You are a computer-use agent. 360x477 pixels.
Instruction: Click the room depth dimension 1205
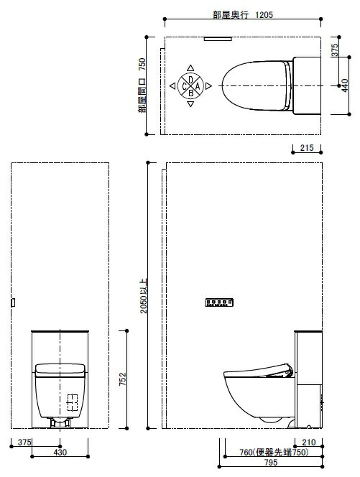click(x=264, y=14)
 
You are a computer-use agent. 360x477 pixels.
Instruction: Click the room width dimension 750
click(x=142, y=65)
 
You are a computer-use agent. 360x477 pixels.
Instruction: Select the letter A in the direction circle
click(x=197, y=86)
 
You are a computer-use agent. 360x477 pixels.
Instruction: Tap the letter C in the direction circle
click(x=184, y=87)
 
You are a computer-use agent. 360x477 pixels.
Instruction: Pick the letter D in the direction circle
click(x=190, y=80)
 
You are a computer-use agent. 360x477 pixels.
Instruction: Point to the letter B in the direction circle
click(x=191, y=93)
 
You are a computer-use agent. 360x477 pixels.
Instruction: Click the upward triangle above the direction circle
click(x=190, y=68)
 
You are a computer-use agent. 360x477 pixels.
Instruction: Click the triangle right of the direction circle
click(x=208, y=86)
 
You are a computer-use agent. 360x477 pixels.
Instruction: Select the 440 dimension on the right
click(x=344, y=85)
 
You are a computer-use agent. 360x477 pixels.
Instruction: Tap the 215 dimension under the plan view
click(x=307, y=148)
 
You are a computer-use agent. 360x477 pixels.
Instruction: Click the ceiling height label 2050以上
click(x=144, y=296)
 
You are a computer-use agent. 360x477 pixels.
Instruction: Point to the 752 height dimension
click(x=122, y=379)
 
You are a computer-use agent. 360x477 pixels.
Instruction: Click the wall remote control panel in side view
click(x=219, y=302)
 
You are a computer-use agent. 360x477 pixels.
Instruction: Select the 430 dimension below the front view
click(x=60, y=453)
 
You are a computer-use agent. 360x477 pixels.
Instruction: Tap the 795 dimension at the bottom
click(x=271, y=463)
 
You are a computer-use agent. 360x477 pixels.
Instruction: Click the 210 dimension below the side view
click(x=308, y=443)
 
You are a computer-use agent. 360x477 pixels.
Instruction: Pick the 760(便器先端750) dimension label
click(x=274, y=453)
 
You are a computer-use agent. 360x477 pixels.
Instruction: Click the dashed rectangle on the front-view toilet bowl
click(x=72, y=402)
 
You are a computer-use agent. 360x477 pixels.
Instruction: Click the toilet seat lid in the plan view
click(x=256, y=85)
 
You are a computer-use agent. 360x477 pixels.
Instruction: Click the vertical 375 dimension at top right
click(x=334, y=50)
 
